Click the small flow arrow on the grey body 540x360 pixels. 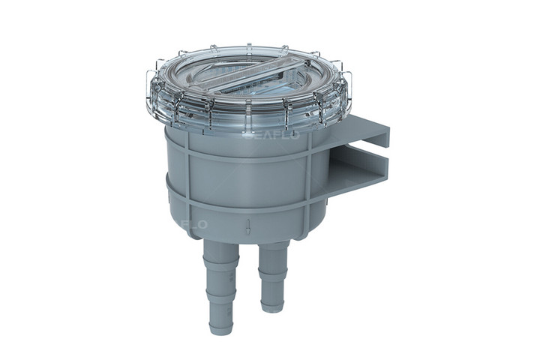(247, 224)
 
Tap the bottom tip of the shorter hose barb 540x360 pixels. (272, 308)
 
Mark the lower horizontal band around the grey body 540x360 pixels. (240, 206)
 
